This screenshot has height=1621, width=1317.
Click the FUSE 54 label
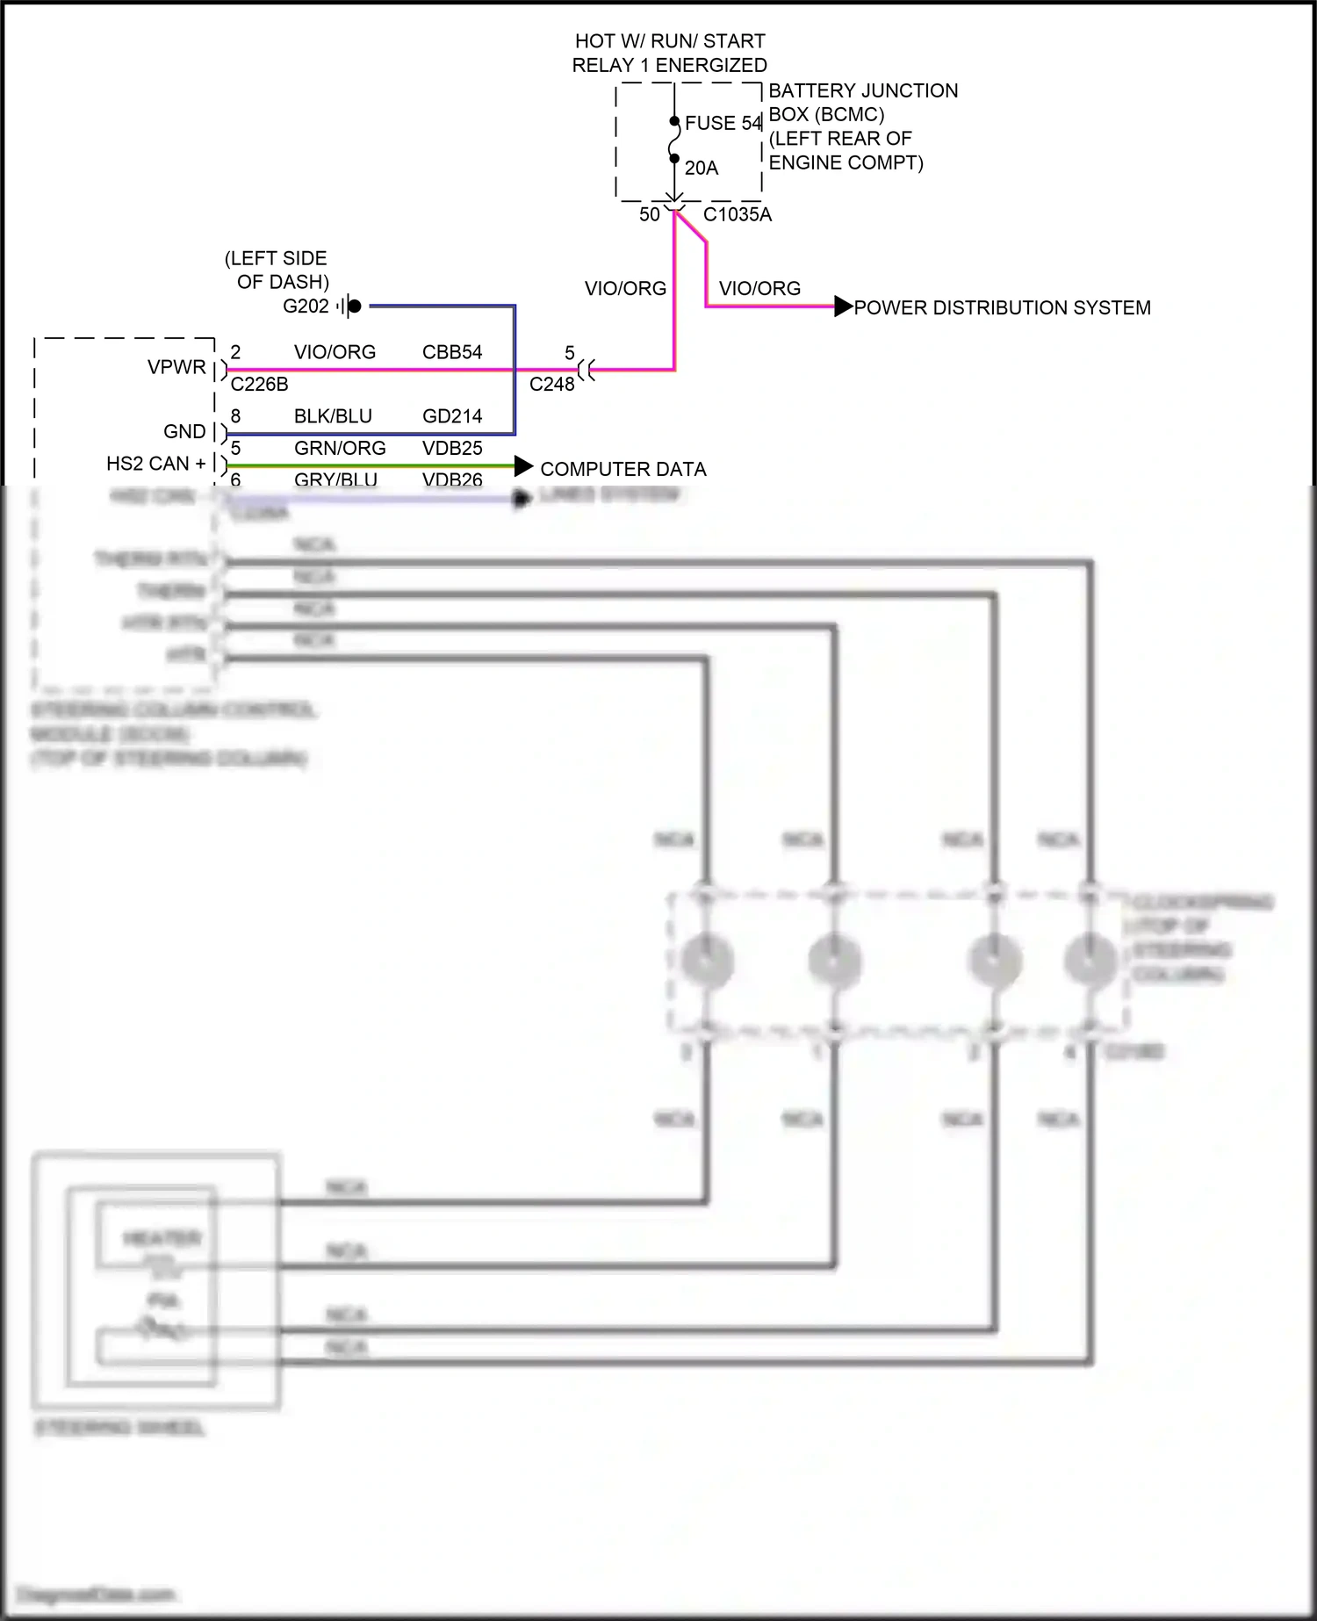coord(723,123)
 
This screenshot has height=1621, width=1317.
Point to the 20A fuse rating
coord(701,168)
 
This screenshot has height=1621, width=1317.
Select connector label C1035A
coord(737,214)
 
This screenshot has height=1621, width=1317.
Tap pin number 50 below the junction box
coord(649,214)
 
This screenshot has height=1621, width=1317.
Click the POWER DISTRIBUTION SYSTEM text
coord(1002,308)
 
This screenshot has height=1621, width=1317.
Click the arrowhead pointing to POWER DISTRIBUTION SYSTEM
coord(843,306)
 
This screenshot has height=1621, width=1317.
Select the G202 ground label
coord(306,306)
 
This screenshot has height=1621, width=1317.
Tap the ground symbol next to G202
coord(349,306)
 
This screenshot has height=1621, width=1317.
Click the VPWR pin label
coord(176,367)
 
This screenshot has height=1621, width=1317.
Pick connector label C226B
coord(259,385)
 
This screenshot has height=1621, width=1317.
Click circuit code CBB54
coord(452,352)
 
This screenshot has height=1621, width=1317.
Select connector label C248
coord(551,385)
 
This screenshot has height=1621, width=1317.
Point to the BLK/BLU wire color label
coord(333,416)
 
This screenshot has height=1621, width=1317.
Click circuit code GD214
coord(452,416)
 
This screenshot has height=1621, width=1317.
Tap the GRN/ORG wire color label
coord(340,448)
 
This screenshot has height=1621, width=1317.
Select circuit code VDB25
coord(452,448)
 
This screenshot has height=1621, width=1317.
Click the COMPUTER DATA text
coord(623,469)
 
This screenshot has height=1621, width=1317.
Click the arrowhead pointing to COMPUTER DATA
coord(523,466)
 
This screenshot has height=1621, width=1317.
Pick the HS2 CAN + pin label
coord(155,464)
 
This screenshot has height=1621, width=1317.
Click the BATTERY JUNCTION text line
coord(862,90)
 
